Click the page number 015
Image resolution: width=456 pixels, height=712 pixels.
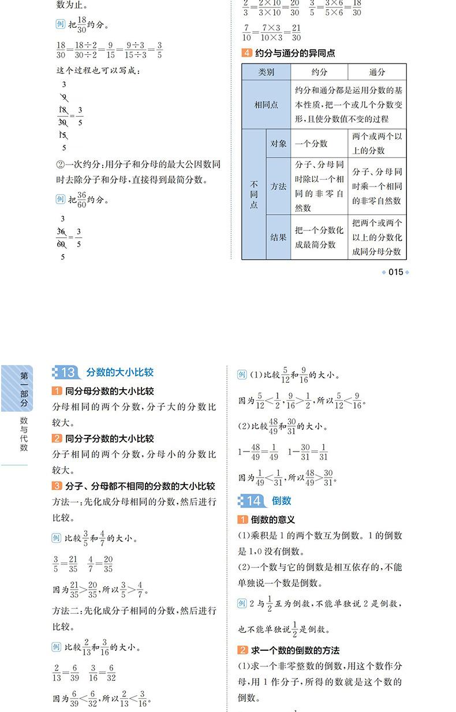[395, 272]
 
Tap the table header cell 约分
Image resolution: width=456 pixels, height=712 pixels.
[319, 72]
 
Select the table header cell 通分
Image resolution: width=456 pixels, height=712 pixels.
[377, 72]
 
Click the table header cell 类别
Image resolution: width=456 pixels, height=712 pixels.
[266, 72]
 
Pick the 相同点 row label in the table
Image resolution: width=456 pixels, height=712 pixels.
[266, 105]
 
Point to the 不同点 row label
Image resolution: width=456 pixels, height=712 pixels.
[254, 194]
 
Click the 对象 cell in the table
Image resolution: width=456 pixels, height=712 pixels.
[278, 143]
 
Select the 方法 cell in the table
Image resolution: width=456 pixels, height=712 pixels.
[278, 187]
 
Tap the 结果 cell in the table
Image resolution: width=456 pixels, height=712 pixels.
[278, 237]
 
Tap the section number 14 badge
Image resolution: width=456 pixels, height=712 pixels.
[253, 501]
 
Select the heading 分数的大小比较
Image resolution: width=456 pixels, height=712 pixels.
[120, 372]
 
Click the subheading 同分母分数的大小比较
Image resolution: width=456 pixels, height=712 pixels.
[109, 391]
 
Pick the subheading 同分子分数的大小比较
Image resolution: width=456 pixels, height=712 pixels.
[109, 439]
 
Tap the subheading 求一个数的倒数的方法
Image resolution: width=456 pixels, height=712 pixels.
[295, 650]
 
